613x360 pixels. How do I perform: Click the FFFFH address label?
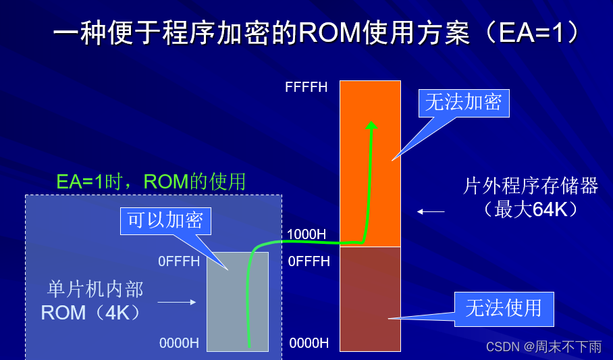(x=306, y=87)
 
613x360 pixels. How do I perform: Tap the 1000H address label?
(x=306, y=234)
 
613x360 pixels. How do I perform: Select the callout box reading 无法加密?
(x=463, y=102)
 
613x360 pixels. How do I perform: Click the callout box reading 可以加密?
(x=165, y=220)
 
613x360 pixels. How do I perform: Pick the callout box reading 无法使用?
(x=504, y=308)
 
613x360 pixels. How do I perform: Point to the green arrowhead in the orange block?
(x=371, y=125)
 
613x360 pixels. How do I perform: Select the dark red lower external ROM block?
(x=370, y=299)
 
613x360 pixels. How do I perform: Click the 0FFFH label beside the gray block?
(x=179, y=261)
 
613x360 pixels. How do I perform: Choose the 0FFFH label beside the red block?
(x=309, y=261)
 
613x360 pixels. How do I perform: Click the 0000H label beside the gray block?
(x=179, y=343)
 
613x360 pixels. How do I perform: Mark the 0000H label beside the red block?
(x=309, y=343)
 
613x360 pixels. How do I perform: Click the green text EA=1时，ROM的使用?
(x=151, y=181)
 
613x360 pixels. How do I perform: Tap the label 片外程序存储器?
(x=530, y=186)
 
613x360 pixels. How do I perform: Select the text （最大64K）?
(x=531, y=210)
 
